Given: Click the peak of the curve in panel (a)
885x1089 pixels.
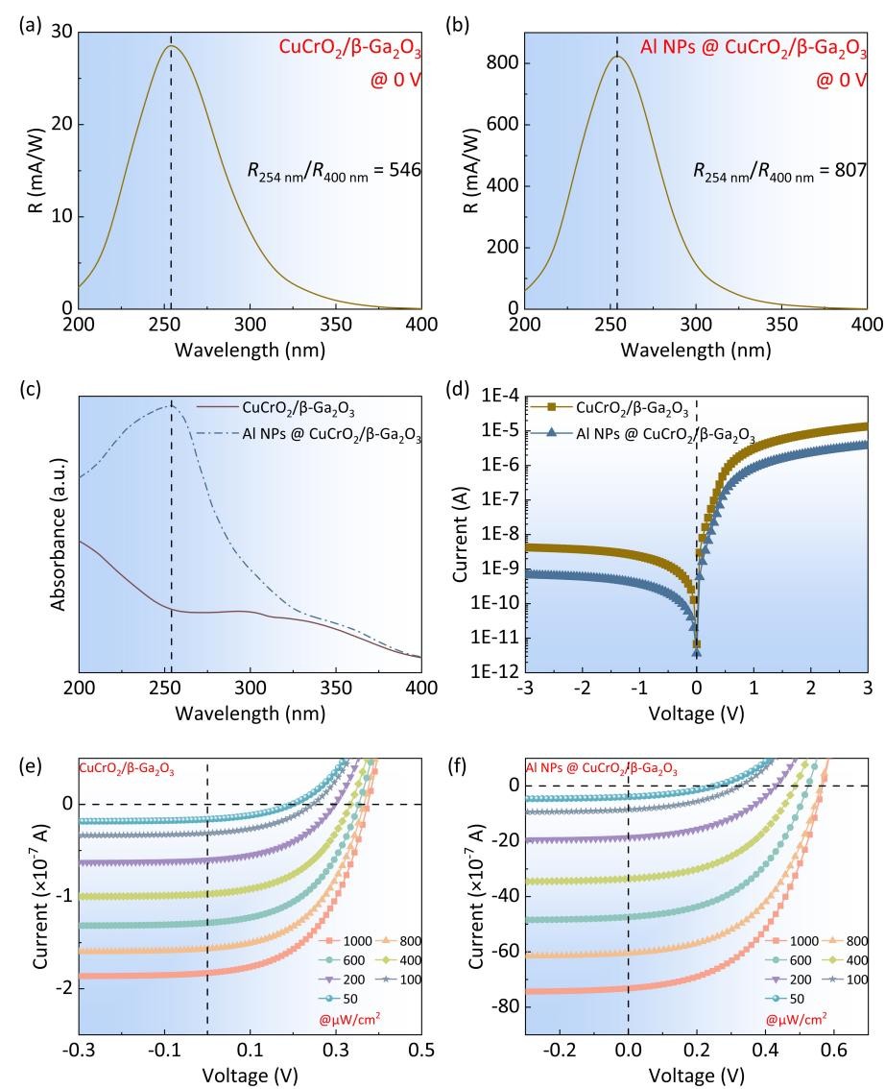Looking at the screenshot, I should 171,46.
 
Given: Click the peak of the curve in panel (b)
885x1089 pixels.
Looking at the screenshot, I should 617,56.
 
